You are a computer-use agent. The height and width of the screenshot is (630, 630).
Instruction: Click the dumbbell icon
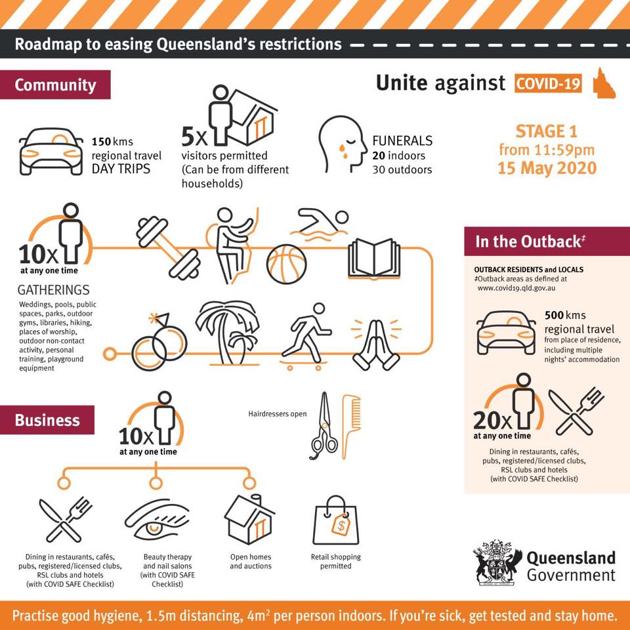point(168,248)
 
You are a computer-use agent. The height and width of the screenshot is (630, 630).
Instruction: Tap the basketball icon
point(287,264)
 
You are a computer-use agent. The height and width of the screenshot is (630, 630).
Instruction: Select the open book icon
point(374,259)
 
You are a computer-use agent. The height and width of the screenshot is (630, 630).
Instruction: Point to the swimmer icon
point(319,224)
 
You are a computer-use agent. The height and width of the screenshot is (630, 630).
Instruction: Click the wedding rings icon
point(159,341)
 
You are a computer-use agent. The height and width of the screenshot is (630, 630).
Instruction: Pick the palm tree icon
point(228,333)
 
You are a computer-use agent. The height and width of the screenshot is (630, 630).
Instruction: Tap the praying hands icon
point(376,345)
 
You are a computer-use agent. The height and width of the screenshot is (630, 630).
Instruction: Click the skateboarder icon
point(306,337)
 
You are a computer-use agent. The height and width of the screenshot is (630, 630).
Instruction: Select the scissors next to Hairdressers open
point(324,425)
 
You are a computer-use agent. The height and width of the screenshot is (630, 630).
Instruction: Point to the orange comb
point(350,427)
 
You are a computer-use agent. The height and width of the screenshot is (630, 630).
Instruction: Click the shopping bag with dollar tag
point(335,520)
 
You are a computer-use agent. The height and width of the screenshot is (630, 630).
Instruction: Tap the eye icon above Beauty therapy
point(157,520)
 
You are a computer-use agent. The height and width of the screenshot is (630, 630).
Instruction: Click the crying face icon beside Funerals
point(343,144)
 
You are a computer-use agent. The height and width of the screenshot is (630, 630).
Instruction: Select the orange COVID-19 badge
point(548,83)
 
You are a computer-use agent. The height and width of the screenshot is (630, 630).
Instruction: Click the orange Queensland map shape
point(604,83)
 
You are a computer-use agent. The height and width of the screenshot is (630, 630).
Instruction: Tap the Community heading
point(55,85)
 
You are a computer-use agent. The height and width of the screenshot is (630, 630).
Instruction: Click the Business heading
point(47,420)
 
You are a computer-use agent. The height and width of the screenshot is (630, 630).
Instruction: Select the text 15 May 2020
point(547,168)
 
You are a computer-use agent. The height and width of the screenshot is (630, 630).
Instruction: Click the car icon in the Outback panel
point(506,332)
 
